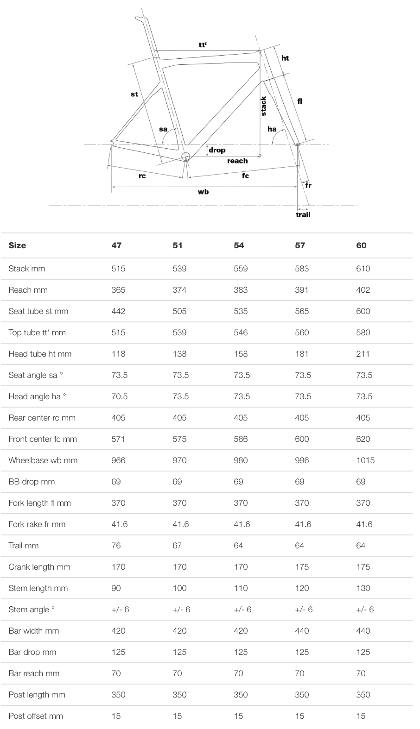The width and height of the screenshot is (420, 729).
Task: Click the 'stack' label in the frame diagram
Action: (264, 106)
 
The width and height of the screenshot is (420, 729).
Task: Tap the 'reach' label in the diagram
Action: (237, 161)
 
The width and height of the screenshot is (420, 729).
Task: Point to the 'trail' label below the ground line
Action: (303, 214)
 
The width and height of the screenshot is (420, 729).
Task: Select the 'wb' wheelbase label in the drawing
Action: (203, 192)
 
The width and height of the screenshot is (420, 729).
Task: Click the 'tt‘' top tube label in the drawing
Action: (203, 44)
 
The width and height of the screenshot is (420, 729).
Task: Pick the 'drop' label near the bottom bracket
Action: (217, 150)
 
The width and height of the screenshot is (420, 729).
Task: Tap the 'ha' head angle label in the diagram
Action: (272, 129)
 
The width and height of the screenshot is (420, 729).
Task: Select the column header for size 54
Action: (239, 245)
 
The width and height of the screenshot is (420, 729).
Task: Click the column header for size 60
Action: (361, 245)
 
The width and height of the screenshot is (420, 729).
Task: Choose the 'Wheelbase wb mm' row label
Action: (43, 460)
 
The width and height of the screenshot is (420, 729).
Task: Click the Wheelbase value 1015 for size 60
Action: (365, 460)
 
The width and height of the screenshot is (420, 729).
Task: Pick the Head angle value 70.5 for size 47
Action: (120, 396)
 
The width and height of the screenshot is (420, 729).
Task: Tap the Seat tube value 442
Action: (118, 311)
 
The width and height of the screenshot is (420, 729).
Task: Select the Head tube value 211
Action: (363, 354)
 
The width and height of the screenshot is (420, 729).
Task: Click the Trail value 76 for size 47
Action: (116, 546)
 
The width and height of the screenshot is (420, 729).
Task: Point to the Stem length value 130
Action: (363, 588)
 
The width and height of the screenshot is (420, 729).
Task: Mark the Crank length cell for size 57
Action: (302, 567)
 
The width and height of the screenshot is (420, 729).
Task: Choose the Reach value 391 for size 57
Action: (301, 290)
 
